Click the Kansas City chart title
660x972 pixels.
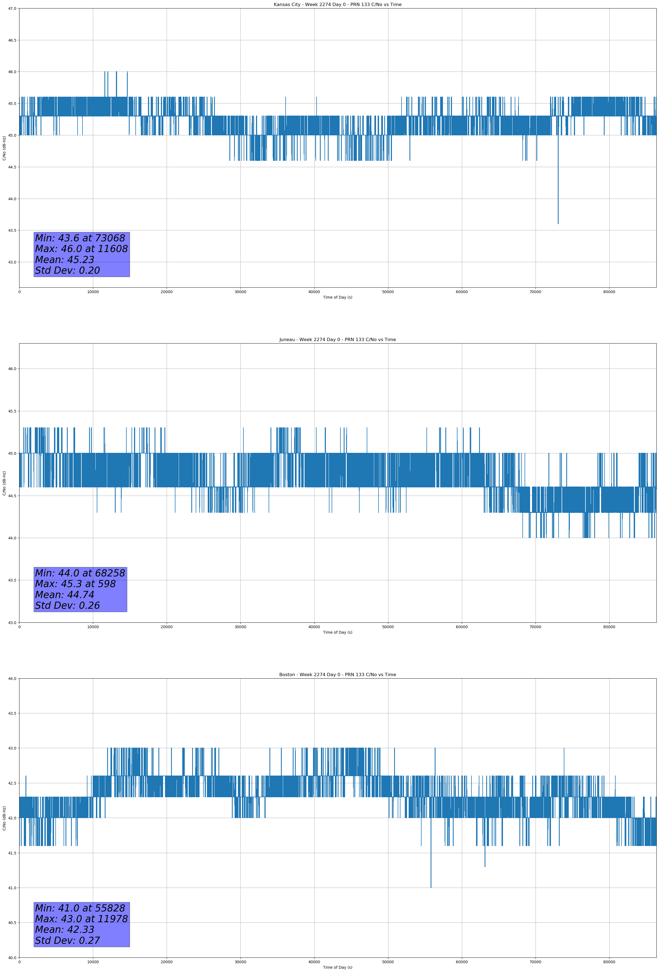click(x=337, y=5)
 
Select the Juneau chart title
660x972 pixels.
click(x=337, y=340)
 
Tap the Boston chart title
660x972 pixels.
click(x=337, y=675)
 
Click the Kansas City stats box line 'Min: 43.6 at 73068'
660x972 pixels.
click(x=80, y=238)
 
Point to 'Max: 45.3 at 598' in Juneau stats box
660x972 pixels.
click(x=75, y=584)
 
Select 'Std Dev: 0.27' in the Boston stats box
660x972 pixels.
click(x=67, y=940)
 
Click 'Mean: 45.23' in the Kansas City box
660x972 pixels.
click(x=64, y=260)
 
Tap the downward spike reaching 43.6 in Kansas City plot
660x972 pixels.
click(x=558, y=218)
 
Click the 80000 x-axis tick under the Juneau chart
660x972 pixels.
click(x=609, y=627)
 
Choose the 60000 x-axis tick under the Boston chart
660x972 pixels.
click(x=462, y=962)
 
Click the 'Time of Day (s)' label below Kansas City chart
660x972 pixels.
click(x=337, y=297)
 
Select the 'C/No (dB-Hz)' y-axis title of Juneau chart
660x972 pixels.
click(x=4, y=483)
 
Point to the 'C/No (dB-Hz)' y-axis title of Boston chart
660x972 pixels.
click(x=4, y=818)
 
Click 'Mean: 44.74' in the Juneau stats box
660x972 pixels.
click(x=64, y=595)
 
